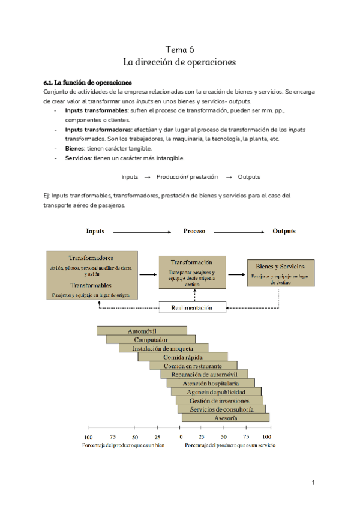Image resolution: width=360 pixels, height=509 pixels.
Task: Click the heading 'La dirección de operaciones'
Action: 179,62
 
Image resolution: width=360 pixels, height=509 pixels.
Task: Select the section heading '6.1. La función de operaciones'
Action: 88,82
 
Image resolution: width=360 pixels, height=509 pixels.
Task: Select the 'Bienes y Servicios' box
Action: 280,273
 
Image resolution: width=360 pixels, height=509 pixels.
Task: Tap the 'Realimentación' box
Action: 191,307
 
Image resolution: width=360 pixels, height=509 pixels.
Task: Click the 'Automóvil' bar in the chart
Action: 142,331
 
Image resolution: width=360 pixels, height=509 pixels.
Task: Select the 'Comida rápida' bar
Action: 182,357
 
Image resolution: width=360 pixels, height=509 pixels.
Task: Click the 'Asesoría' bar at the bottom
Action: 226,418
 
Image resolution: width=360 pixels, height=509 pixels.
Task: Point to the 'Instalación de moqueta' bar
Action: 163,348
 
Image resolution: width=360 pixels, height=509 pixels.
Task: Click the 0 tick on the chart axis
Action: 180,436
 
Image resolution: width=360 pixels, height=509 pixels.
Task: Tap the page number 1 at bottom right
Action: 313,482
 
